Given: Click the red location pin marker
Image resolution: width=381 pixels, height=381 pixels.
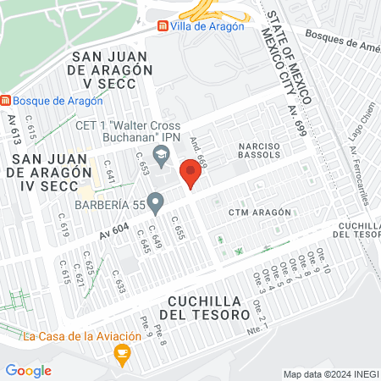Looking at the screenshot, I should [190, 175].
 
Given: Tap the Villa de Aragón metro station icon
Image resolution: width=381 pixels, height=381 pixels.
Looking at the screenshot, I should [162, 25].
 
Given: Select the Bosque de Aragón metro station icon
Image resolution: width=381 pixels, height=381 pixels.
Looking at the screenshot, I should [6, 101].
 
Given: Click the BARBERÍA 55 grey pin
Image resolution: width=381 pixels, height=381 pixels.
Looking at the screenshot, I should [155, 202].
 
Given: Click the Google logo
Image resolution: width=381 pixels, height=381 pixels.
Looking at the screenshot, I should [28, 370].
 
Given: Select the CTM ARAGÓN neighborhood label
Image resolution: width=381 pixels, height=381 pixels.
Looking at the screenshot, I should [263, 212].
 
